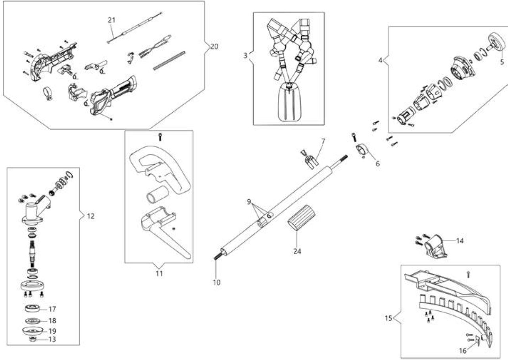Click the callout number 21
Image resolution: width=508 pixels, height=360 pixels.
click(x=112, y=20)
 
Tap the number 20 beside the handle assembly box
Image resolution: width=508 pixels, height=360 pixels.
click(x=214, y=46)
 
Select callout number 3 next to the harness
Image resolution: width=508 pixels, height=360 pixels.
click(x=245, y=56)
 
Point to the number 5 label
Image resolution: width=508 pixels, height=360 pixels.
click(x=502, y=62)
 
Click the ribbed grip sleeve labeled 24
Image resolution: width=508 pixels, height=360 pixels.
click(x=301, y=218)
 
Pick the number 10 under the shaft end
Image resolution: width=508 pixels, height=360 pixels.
click(x=217, y=283)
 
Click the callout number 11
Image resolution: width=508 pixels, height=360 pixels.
click(x=159, y=274)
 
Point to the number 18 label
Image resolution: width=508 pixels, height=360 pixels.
click(x=52, y=321)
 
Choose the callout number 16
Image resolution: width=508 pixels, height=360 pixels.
click(x=463, y=351)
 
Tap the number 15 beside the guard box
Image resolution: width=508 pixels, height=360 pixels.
click(x=388, y=318)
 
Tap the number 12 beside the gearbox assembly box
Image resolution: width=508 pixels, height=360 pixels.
click(x=91, y=216)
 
